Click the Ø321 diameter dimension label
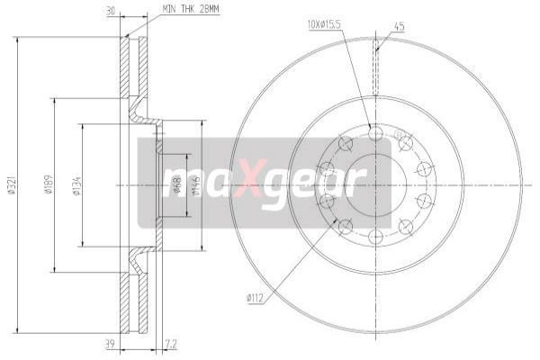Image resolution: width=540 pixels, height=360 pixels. pos(12,185)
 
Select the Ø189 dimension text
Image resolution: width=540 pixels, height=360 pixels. pos(49,185)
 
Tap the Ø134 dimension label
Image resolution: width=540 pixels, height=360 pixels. pos(76,185)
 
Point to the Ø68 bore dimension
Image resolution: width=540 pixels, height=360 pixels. pos(177,185)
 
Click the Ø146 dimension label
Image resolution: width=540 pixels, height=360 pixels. pos(196,185)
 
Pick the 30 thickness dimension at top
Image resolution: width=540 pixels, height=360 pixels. pos(111,11)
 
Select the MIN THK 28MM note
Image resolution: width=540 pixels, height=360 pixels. pos(190,9)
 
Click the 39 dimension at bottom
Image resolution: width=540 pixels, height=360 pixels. pos(110,344)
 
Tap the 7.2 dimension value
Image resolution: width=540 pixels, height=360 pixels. pos(171,344)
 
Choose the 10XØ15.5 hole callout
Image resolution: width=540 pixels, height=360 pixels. pos(324,24)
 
